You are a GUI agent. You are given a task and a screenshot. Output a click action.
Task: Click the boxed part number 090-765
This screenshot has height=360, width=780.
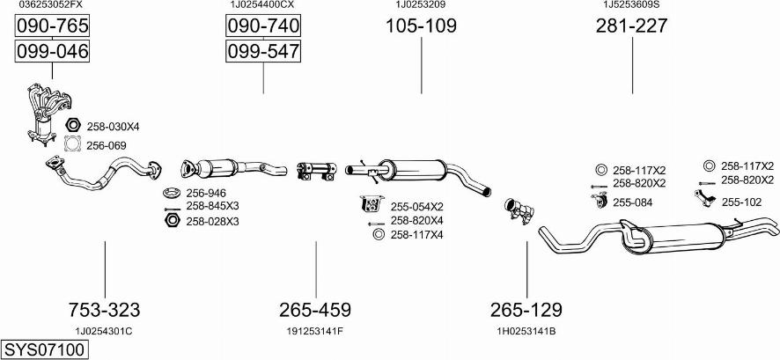[x=52, y=26]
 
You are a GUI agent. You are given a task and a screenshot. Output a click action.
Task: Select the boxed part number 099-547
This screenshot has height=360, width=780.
[x=263, y=51]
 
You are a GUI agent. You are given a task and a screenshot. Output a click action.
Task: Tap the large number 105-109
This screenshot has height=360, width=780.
[x=422, y=26]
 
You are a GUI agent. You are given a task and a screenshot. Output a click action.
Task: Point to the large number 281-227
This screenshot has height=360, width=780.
[x=632, y=26]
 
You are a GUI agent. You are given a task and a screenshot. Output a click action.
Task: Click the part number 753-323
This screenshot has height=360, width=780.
[x=105, y=310]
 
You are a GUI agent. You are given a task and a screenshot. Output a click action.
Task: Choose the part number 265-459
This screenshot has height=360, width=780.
[x=315, y=310]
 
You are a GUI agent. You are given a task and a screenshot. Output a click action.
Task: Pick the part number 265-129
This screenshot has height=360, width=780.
[x=526, y=310]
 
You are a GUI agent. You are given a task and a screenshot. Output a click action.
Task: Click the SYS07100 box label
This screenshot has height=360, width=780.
[x=44, y=349]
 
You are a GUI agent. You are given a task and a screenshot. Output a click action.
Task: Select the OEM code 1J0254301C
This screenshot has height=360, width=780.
[x=104, y=331]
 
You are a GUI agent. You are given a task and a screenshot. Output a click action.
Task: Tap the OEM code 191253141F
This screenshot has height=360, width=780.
[x=315, y=331]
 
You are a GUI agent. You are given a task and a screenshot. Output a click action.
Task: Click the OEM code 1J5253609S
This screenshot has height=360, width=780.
[x=631, y=4]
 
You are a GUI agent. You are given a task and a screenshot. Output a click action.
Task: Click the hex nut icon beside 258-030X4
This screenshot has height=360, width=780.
[x=72, y=126]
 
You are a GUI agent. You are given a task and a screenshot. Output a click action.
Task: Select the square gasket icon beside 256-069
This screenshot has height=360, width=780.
[x=73, y=144]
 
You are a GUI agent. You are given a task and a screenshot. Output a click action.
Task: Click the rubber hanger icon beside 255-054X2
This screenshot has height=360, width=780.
[x=372, y=203]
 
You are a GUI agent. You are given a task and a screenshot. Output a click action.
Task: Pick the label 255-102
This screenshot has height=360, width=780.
[x=741, y=202]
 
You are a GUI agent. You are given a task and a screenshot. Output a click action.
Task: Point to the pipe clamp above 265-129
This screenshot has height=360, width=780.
[x=519, y=211]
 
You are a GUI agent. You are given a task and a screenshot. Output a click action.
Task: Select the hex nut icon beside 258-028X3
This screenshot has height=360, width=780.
[x=172, y=220]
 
